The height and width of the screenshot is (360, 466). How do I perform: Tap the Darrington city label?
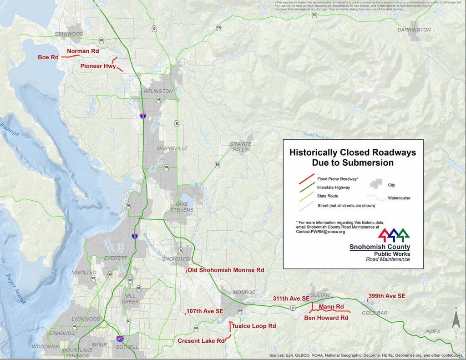click(x=414, y=30)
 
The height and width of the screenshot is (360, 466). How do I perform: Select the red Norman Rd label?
click(x=83, y=51)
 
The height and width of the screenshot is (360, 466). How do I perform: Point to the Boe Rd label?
click(x=48, y=57)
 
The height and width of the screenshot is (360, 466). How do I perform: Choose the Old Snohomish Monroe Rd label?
click(x=226, y=270)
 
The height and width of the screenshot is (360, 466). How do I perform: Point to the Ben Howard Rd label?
click(x=326, y=318)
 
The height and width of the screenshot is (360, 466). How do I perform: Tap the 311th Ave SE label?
click(x=291, y=299)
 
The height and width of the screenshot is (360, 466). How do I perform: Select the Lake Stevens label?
click(x=181, y=207)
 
